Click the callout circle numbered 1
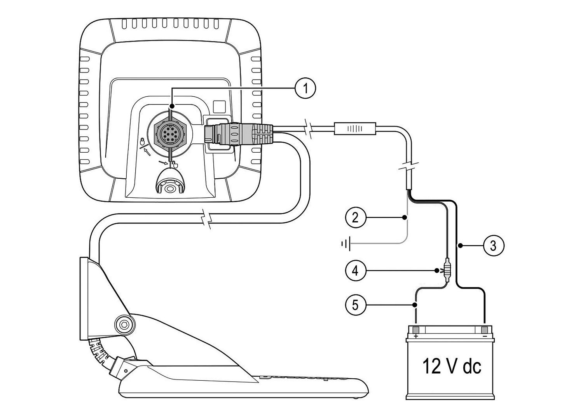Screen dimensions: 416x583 [305, 88]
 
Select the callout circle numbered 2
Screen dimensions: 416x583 [355, 217]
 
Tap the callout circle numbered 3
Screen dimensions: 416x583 [493, 245]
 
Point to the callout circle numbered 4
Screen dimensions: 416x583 [355, 270]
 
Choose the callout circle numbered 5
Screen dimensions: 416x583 [355, 305]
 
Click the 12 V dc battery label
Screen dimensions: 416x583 [452, 366]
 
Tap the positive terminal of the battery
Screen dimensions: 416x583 [415, 331]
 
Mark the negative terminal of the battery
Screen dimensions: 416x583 [484, 331]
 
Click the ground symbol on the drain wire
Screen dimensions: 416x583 [346, 244]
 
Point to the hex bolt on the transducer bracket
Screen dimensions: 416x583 [124, 324]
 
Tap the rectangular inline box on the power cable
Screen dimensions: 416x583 [354, 129]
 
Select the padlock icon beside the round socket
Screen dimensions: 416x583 [143, 140]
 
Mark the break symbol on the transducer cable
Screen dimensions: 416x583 [206, 219]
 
